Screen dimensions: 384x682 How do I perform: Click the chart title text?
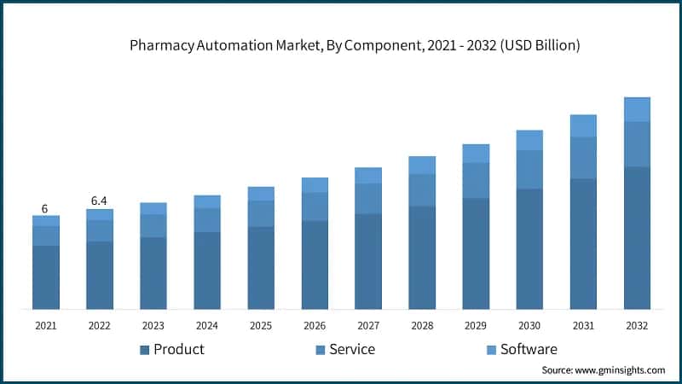pos(355,46)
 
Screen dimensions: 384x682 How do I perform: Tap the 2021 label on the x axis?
pos(46,326)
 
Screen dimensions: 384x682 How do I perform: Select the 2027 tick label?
pos(368,326)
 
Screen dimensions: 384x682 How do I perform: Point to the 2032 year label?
pos(637,326)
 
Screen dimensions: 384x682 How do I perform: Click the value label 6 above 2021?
pos(44,208)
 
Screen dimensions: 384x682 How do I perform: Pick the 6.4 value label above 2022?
pos(100,201)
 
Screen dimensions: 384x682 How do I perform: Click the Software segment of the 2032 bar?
pos(637,109)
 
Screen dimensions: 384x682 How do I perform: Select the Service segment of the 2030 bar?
pos(529,169)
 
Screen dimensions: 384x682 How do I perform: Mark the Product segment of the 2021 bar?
pos(46,277)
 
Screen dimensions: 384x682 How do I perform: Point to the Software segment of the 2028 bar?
pos(422,165)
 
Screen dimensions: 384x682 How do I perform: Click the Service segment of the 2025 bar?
pos(261,213)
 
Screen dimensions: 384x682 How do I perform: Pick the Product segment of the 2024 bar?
pos(207,271)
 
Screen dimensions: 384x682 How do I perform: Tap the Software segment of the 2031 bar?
pos(583,125)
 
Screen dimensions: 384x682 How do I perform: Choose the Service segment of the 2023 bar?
pos(153,225)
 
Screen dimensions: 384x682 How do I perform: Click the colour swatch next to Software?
pos(490,350)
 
